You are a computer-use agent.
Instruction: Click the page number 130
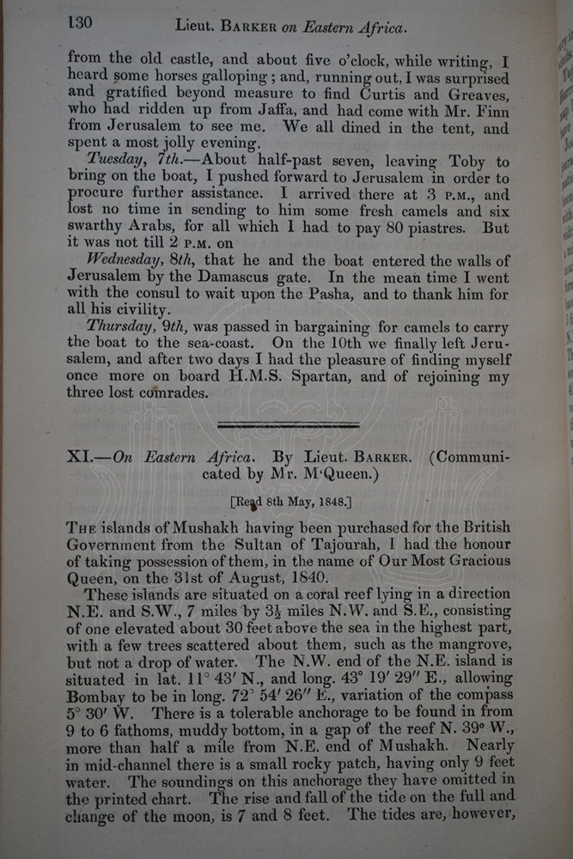point(80,22)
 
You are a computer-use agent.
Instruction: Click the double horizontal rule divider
point(289,424)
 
